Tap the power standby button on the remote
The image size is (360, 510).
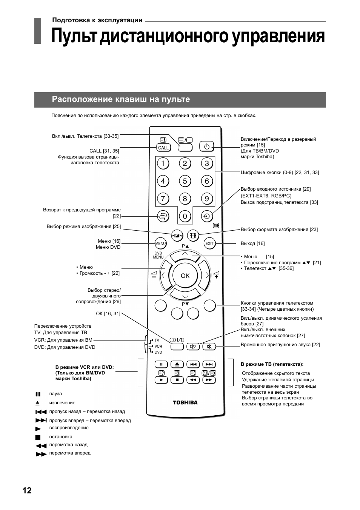tap(207, 146)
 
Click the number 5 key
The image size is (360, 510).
tap(185, 181)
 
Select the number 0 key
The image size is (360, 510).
tap(185, 216)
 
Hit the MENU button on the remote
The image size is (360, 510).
tap(160, 243)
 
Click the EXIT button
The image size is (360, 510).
tap(209, 243)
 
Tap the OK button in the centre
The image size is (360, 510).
tap(185, 276)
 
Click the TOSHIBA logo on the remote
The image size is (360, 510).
tap(185, 402)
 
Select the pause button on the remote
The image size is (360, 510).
tap(161, 364)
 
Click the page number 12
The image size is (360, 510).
tap(27, 490)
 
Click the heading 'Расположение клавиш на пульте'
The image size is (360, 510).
tap(121, 99)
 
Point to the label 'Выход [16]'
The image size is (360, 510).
tap(252, 243)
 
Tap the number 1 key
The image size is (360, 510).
tap(163, 163)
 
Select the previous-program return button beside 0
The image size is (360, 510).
tap(163, 216)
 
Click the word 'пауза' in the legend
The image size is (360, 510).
tap(55, 394)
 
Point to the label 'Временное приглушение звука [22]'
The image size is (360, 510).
tap(280, 345)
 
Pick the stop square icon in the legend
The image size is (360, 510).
tap(38, 438)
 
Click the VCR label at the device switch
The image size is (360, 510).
tap(158, 346)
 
